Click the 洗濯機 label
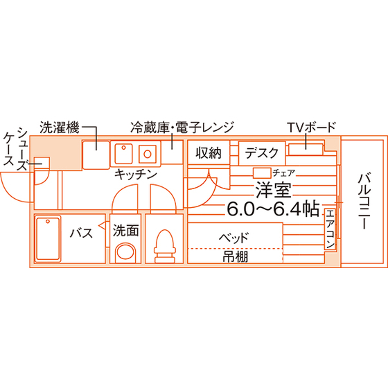(60, 127)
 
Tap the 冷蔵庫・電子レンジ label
(182, 127)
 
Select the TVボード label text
(311, 127)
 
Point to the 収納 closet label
(209, 153)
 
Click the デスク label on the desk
(262, 153)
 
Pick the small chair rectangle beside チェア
(262, 173)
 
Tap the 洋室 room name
(273, 190)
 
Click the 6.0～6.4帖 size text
(273, 209)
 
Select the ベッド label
(233, 238)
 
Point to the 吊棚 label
(235, 256)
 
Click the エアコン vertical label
(330, 229)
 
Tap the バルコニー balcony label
(364, 201)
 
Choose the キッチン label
(136, 175)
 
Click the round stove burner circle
(148, 154)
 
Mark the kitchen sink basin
(124, 154)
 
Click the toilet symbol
(165, 246)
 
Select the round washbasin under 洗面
(126, 252)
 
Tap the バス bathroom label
(81, 233)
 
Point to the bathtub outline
(48, 239)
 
